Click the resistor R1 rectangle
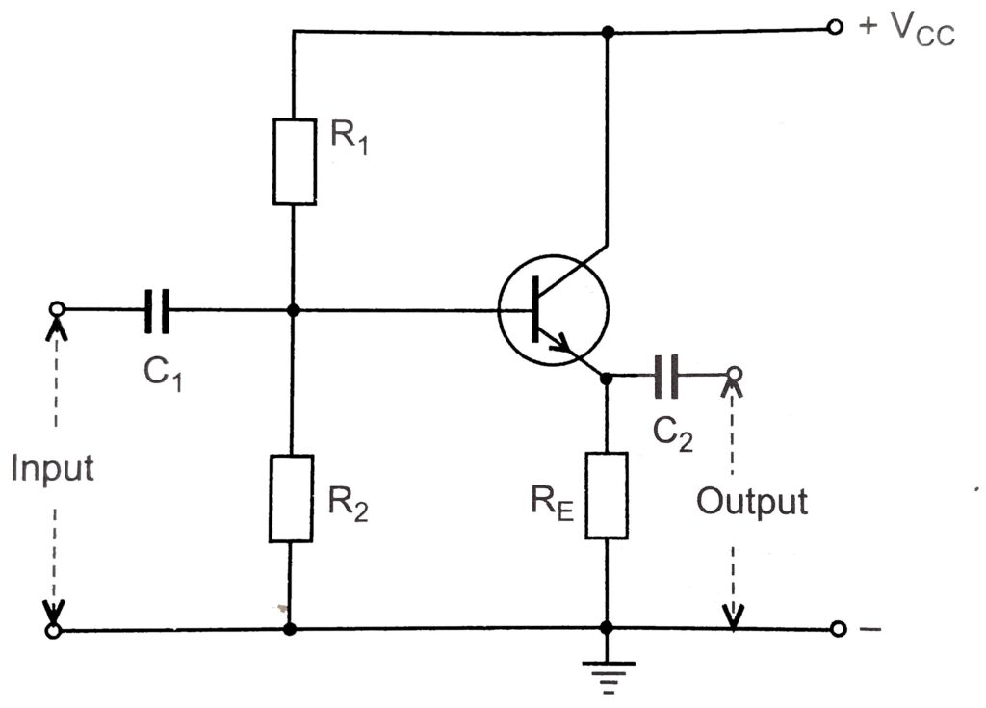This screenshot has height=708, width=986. [295, 162]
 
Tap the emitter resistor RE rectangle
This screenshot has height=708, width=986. [606, 494]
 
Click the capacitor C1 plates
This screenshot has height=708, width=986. [158, 310]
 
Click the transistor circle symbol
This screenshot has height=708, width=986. [554, 309]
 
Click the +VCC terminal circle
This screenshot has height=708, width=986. [835, 28]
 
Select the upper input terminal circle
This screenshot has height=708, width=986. [57, 309]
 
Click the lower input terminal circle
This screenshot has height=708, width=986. [55, 631]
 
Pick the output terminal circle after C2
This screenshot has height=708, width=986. [734, 374]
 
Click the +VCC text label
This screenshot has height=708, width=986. [906, 30]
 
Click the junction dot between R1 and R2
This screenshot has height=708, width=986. [294, 310]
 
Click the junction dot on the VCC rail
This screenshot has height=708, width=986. [607, 32]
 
